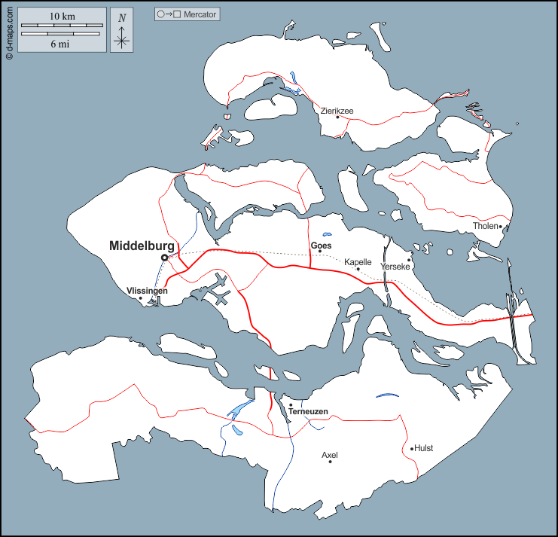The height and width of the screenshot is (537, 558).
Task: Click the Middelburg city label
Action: coord(142,246)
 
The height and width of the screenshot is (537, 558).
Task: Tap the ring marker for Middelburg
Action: coord(165,258)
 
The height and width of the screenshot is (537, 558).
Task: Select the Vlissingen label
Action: coord(147,290)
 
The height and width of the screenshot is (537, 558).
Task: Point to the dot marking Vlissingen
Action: coord(141,298)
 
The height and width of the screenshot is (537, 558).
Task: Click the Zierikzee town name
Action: coord(337,111)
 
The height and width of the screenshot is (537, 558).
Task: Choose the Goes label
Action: coord(321,245)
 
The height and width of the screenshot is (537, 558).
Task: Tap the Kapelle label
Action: coord(358,262)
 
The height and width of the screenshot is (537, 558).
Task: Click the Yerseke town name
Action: coord(395,267)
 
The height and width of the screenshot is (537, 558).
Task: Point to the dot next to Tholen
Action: coord(500,226)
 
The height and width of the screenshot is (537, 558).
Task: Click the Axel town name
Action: coord(330,455)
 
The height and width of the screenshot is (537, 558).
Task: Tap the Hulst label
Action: coord(424,448)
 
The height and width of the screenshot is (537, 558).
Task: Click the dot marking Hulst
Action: coord(413,449)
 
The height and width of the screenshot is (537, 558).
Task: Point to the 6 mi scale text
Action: coord(60,44)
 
